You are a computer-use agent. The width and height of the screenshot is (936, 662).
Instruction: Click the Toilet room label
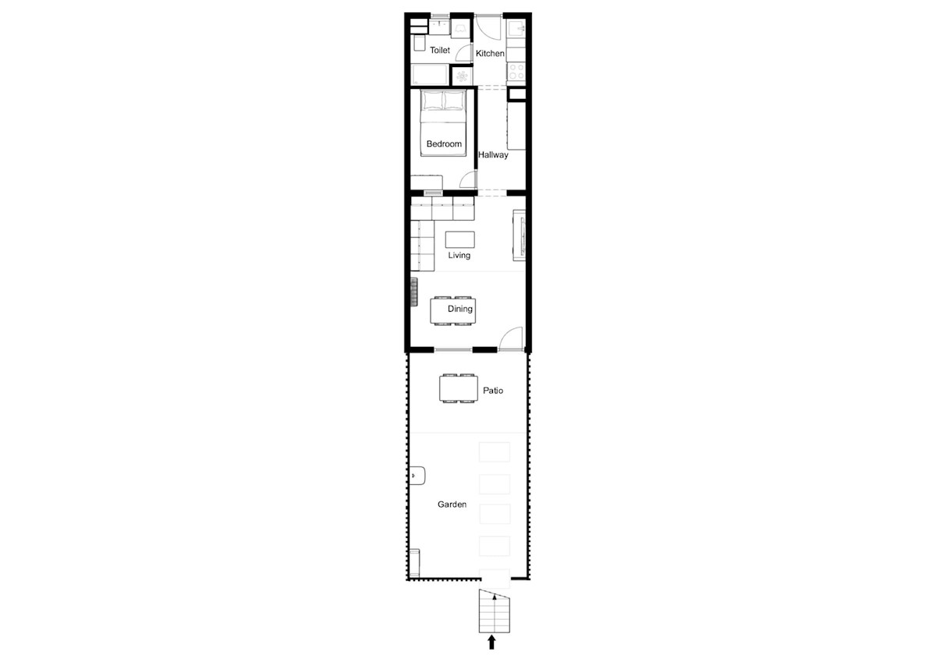pyautogui.click(x=440, y=51)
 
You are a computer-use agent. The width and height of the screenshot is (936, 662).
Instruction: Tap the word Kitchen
pyautogui.click(x=491, y=54)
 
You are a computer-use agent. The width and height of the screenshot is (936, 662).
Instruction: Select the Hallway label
pyautogui.click(x=493, y=155)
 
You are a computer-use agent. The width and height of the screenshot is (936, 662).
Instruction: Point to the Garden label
pyautogui.click(x=452, y=505)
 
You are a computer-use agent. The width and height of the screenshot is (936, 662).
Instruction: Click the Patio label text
pyautogui.click(x=493, y=391)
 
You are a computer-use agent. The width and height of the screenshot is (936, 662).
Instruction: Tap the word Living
pyautogui.click(x=459, y=256)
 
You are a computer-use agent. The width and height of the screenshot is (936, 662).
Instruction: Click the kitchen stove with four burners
pyautogui.click(x=516, y=71)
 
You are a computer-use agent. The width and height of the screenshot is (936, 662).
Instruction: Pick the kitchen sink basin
pyautogui.click(x=516, y=30)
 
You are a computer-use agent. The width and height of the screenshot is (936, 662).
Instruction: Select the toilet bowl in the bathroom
pyautogui.click(x=419, y=43)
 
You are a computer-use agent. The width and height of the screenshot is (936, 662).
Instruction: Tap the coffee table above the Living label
pyautogui.click(x=459, y=239)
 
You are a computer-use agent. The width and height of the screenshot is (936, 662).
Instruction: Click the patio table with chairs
pyautogui.click(x=457, y=388)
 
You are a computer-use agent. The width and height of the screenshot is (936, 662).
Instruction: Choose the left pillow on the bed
pyautogui.click(x=432, y=101)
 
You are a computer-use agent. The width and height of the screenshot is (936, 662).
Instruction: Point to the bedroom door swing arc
pyautogui.click(x=466, y=179)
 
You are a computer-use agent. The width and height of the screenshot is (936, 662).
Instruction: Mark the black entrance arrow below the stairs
pyautogui.click(x=491, y=642)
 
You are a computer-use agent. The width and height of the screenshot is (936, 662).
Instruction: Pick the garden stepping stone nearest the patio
pyautogui.click(x=494, y=451)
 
